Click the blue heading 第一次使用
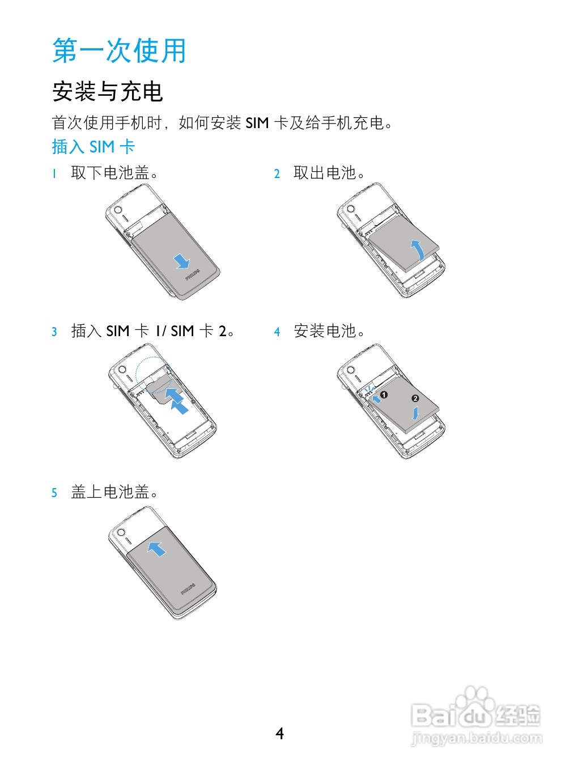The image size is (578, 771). pos(119,50)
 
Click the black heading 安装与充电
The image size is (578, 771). pos(108,92)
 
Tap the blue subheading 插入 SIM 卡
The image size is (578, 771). pos(93,147)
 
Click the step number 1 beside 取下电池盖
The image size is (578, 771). pos(54,173)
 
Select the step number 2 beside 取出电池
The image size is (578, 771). pos(277,173)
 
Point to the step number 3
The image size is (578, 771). pos(54,332)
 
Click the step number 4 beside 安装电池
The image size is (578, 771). pos(277,332)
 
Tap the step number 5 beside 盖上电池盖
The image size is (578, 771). pos(54,493)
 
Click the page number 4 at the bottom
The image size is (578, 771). pos(279,734)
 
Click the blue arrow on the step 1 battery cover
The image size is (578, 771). pos(181,261)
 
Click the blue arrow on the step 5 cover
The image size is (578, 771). pos(156,548)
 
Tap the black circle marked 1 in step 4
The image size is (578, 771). pos(384,395)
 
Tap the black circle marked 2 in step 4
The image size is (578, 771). pos(415,399)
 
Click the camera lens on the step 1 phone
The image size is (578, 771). pos(118,211)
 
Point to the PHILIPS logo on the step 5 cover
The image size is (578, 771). pos(188,589)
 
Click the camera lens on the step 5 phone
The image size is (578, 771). pos(120,533)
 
